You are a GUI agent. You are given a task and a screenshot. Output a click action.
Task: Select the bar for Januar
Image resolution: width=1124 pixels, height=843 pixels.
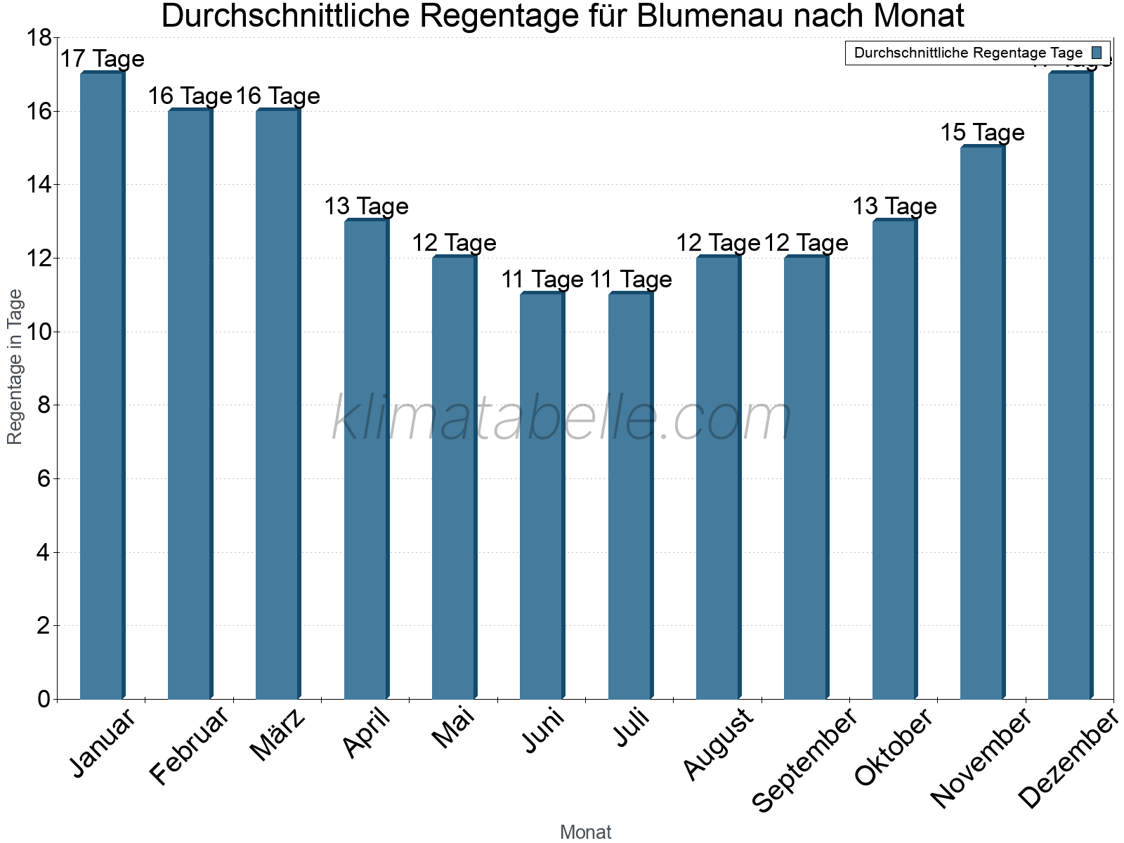point(102,386)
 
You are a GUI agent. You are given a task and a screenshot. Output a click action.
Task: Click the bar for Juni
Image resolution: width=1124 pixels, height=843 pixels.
point(542,495)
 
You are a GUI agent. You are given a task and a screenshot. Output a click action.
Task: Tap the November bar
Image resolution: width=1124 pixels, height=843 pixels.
point(982,421)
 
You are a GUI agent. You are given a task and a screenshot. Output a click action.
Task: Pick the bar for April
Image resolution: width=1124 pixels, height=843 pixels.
point(366,460)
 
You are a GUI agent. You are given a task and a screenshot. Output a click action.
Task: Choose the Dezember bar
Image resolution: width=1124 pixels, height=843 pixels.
point(1070,386)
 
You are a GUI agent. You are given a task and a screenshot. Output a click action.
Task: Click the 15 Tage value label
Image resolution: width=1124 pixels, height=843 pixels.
point(982,132)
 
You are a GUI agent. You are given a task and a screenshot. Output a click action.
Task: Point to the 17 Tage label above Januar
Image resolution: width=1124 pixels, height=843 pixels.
point(102,59)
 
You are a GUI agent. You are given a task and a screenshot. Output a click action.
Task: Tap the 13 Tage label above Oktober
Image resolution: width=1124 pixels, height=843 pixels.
point(894,206)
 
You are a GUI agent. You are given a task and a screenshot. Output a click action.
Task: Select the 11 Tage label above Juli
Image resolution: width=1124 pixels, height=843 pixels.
point(630,280)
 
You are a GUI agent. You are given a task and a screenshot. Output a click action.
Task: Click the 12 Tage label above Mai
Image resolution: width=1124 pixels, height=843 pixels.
point(454,243)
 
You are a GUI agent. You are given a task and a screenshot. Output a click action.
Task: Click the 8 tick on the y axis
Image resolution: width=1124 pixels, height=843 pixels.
point(44,405)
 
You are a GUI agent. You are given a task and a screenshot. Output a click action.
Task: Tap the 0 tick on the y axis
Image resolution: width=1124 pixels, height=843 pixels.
point(44,699)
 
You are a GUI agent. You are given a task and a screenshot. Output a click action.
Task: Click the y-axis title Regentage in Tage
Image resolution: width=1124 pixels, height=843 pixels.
point(15,367)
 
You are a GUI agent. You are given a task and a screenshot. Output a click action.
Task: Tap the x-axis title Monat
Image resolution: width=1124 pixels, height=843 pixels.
point(585,832)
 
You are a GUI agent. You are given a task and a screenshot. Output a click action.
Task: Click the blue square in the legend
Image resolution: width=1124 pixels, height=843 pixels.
point(1097,53)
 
